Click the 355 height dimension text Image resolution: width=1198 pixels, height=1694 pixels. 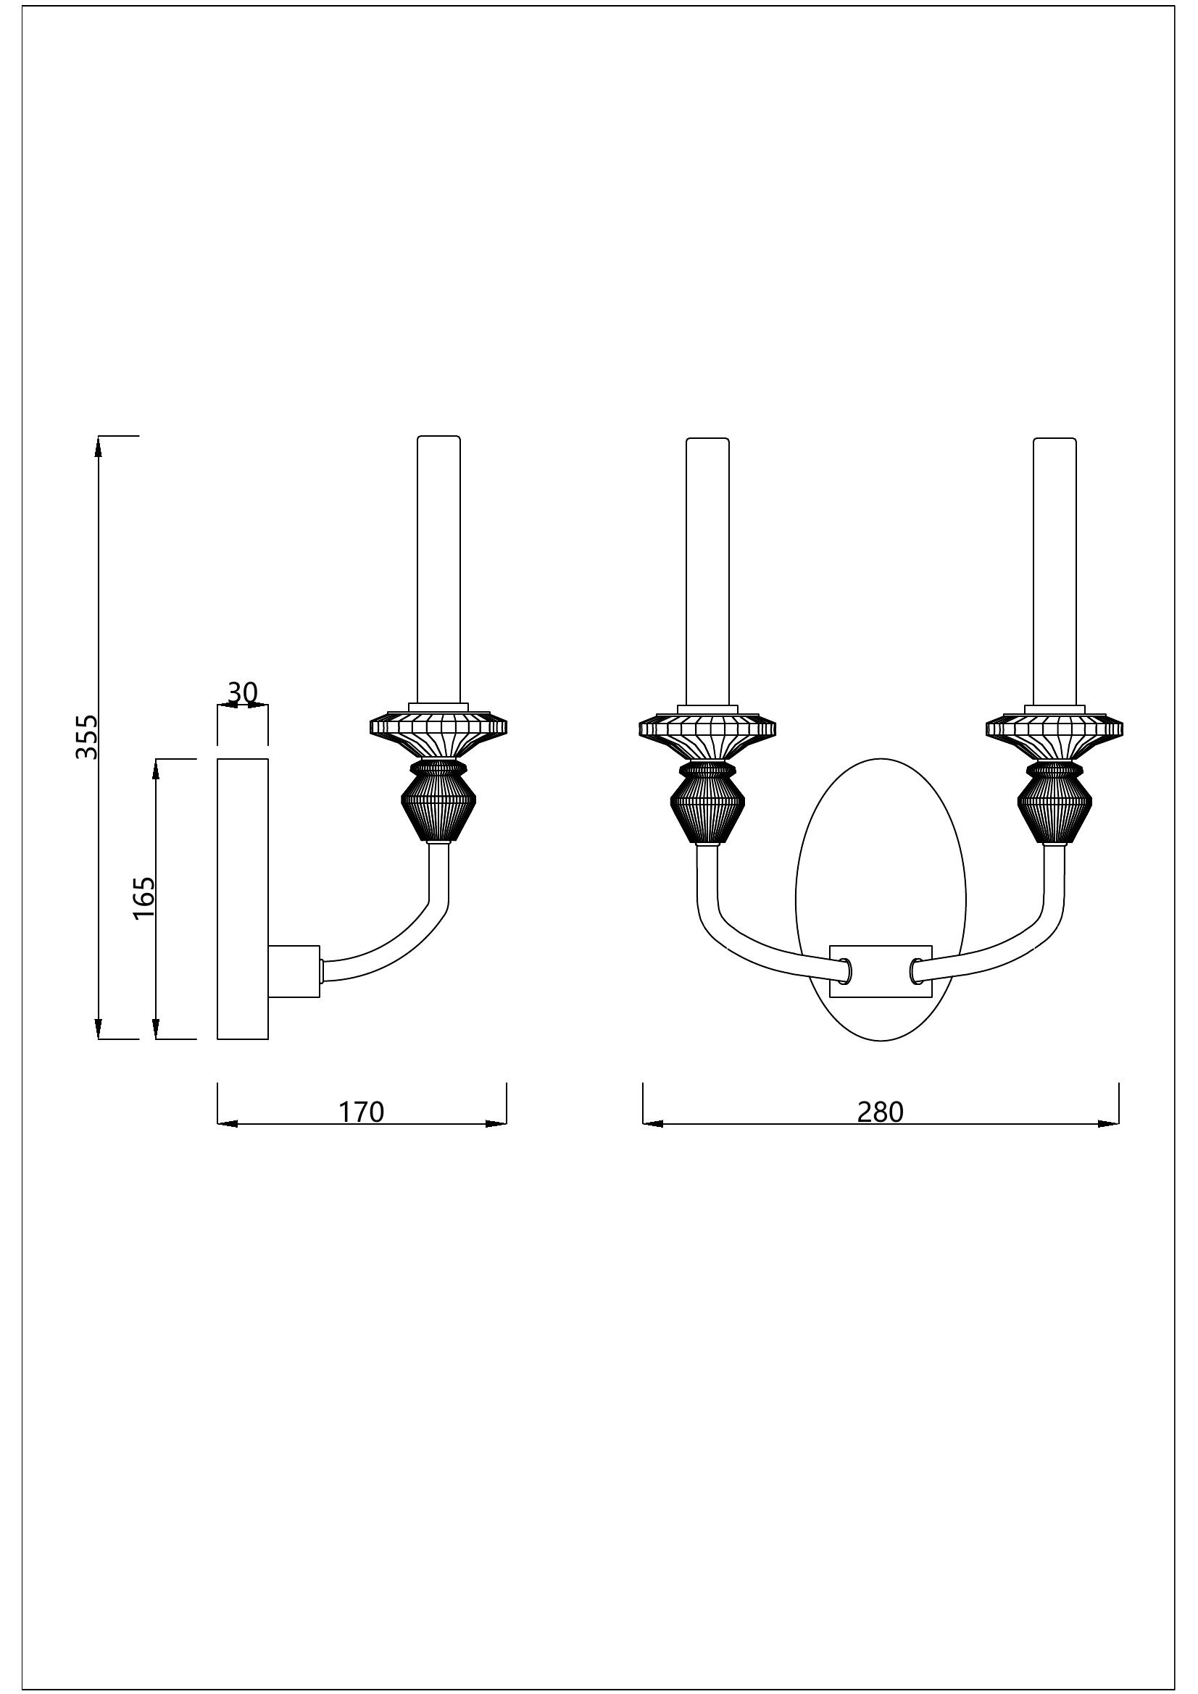(87, 736)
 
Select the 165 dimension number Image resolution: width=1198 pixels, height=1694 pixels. (143, 897)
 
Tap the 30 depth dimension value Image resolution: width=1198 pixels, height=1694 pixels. (241, 693)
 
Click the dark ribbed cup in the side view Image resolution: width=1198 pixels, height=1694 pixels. (438, 804)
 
